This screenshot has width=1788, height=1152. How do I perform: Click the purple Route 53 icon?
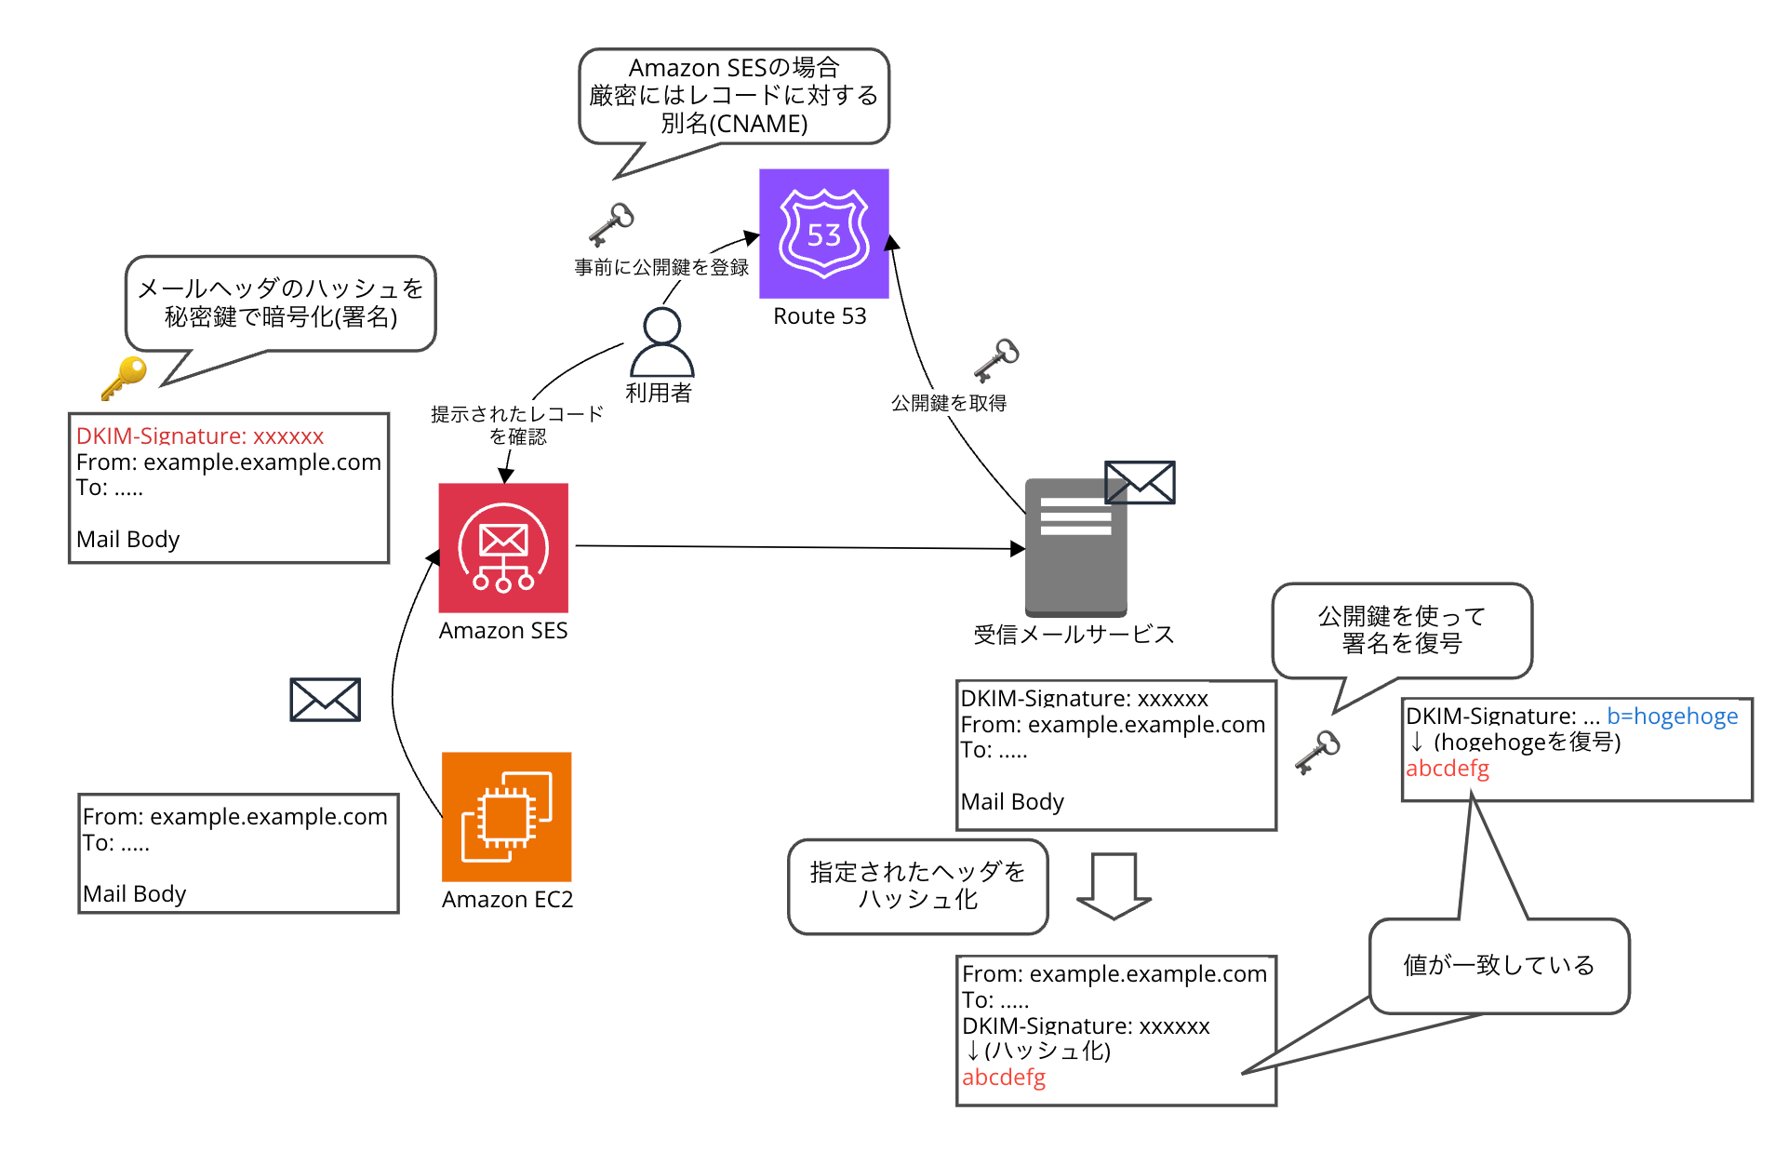pyautogui.click(x=823, y=233)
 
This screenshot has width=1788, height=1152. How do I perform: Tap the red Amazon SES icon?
pyautogui.click(x=503, y=547)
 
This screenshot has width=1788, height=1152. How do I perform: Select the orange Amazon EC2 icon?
pyautogui.click(x=506, y=816)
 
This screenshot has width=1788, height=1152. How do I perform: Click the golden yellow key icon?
pyautogui.click(x=125, y=377)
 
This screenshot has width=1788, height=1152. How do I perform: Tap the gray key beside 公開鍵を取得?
pyautogui.click(x=996, y=359)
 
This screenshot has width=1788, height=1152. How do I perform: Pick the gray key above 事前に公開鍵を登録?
pyautogui.click(x=611, y=223)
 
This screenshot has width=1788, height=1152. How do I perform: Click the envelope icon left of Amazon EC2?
pyautogui.click(x=325, y=699)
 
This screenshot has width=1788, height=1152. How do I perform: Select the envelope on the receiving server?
pyautogui.click(x=1140, y=482)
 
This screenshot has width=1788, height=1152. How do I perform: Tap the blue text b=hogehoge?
pyautogui.click(x=1672, y=716)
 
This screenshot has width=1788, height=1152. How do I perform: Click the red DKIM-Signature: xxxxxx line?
pyautogui.click(x=200, y=435)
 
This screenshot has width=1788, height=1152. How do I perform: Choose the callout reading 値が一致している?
pyautogui.click(x=1499, y=965)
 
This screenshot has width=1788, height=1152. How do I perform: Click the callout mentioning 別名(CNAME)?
pyautogui.click(x=734, y=96)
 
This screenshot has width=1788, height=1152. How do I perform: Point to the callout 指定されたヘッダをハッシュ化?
pyautogui.click(x=917, y=886)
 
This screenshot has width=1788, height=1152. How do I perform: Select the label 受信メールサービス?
pyautogui.click(x=1074, y=635)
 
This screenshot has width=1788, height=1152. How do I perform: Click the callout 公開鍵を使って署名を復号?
pyautogui.click(x=1401, y=630)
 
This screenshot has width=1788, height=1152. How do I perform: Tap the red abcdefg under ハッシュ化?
pyautogui.click(x=1003, y=1078)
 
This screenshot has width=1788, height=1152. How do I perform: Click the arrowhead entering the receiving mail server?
pyautogui.click(x=1018, y=549)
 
